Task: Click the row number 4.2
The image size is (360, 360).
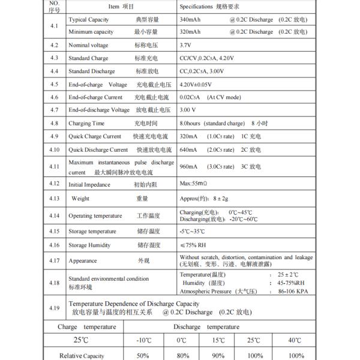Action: pyautogui.click(x=54, y=45)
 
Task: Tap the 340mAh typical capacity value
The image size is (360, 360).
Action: pyautogui.click(x=191, y=20)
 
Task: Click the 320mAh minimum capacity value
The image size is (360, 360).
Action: pyautogui.click(x=191, y=32)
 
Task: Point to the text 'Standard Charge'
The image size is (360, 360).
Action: pyautogui.click(x=88, y=58)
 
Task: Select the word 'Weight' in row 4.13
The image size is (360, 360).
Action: pyautogui.click(x=81, y=198)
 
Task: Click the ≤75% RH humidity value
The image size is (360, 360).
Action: pyautogui.click(x=194, y=245)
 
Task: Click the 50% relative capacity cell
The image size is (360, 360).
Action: pyautogui.click(x=144, y=356)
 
